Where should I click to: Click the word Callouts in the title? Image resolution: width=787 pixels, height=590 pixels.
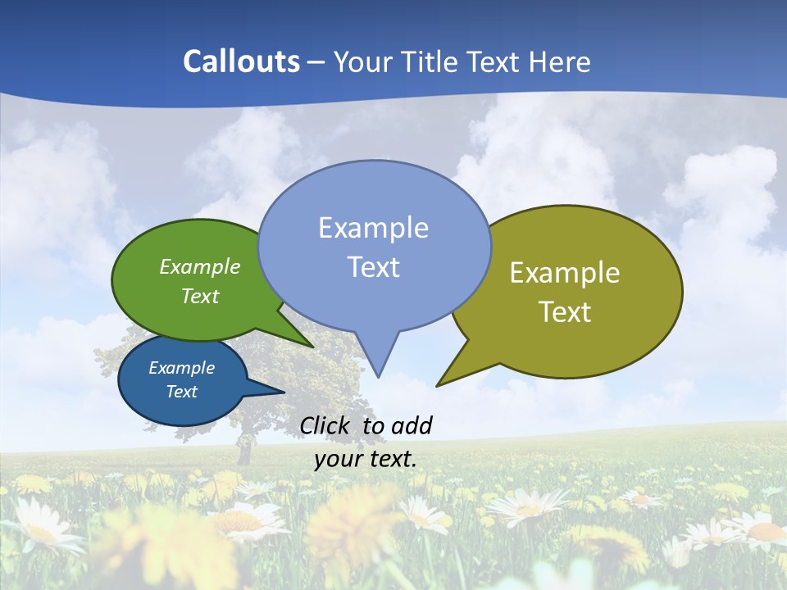pyautogui.click(x=241, y=61)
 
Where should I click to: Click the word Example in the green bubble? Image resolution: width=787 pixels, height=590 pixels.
pyautogui.click(x=200, y=266)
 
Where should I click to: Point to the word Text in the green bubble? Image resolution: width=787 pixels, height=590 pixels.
pyautogui.click(x=200, y=296)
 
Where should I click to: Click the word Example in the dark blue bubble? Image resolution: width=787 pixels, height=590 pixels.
pyautogui.click(x=181, y=368)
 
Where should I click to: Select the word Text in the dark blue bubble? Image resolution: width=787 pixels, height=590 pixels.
pyautogui.click(x=181, y=392)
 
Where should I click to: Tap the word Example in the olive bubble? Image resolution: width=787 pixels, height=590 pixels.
pyautogui.click(x=565, y=273)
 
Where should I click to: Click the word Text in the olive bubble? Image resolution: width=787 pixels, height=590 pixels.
pyautogui.click(x=565, y=312)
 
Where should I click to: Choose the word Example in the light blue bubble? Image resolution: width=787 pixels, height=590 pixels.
pyautogui.click(x=373, y=228)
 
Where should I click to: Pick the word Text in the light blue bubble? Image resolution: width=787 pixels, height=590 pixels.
pyautogui.click(x=373, y=267)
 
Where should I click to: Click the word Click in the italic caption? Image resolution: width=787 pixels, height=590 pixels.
pyautogui.click(x=327, y=425)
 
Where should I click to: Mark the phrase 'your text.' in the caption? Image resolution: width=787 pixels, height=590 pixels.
pyautogui.click(x=366, y=459)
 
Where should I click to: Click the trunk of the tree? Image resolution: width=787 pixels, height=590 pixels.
pyautogui.click(x=243, y=451)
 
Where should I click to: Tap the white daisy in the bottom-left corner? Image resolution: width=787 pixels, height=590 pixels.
pyautogui.click(x=37, y=529)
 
